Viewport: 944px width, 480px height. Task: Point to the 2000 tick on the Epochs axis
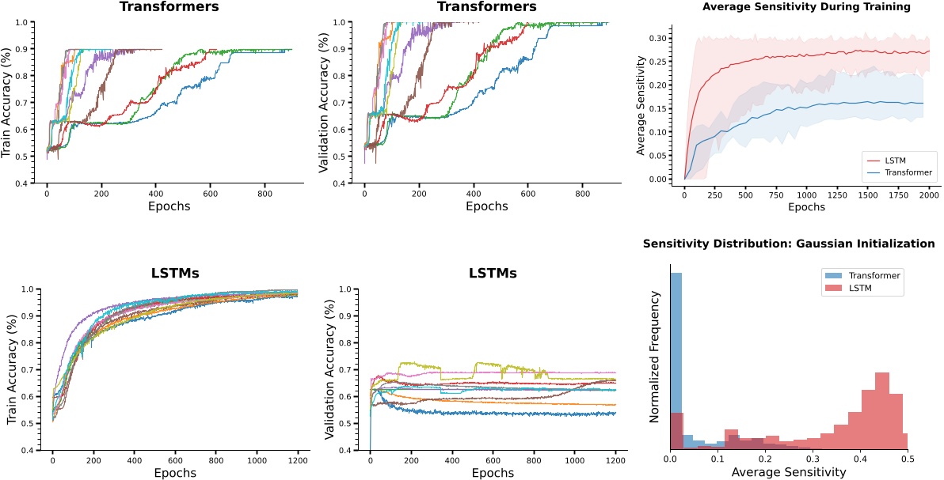(928, 195)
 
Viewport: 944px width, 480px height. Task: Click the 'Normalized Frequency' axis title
(655, 357)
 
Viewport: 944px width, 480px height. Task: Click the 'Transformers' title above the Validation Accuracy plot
(487, 7)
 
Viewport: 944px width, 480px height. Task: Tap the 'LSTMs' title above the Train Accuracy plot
(174, 274)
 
